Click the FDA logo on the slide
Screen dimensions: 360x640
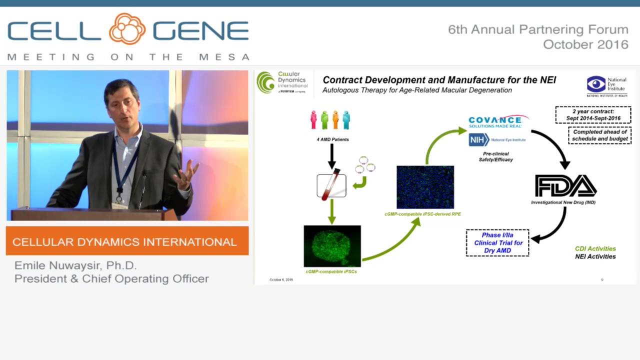pyautogui.click(x=565, y=186)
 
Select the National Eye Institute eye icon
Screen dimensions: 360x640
pyautogui.click(x=596, y=83)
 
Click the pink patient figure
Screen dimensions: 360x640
pyautogui.click(x=313, y=120)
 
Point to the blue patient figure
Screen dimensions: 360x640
pyautogui.click(x=346, y=120)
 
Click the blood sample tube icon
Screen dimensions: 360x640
pyautogui.click(x=331, y=185)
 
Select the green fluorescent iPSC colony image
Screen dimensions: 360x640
pyautogui.click(x=332, y=245)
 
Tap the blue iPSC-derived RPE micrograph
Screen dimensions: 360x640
pyautogui.click(x=425, y=187)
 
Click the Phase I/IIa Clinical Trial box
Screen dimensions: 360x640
pyautogui.click(x=497, y=243)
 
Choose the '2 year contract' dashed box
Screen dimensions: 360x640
pyautogui.click(x=593, y=114)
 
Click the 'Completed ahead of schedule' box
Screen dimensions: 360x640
pyautogui.click(x=599, y=135)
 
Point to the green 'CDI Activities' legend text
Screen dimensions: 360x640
pyautogui.click(x=595, y=248)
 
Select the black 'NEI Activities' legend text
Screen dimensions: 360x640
pyautogui.click(x=595, y=256)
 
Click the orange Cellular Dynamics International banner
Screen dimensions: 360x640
pyautogui.click(x=127, y=241)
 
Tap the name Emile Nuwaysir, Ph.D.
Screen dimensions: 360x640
pyautogui.click(x=75, y=265)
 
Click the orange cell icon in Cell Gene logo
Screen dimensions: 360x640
pyautogui.click(x=127, y=29)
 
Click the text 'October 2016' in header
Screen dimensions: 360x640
pyautogui.click(x=585, y=44)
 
